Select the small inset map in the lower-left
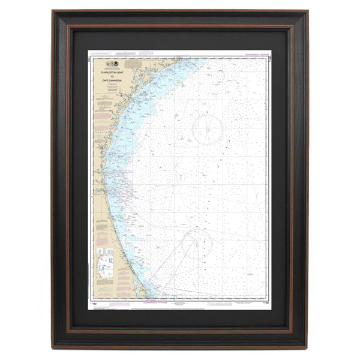click(x=105, y=263)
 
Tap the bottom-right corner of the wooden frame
click(x=308, y=348)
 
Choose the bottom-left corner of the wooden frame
click(x=53, y=348)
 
